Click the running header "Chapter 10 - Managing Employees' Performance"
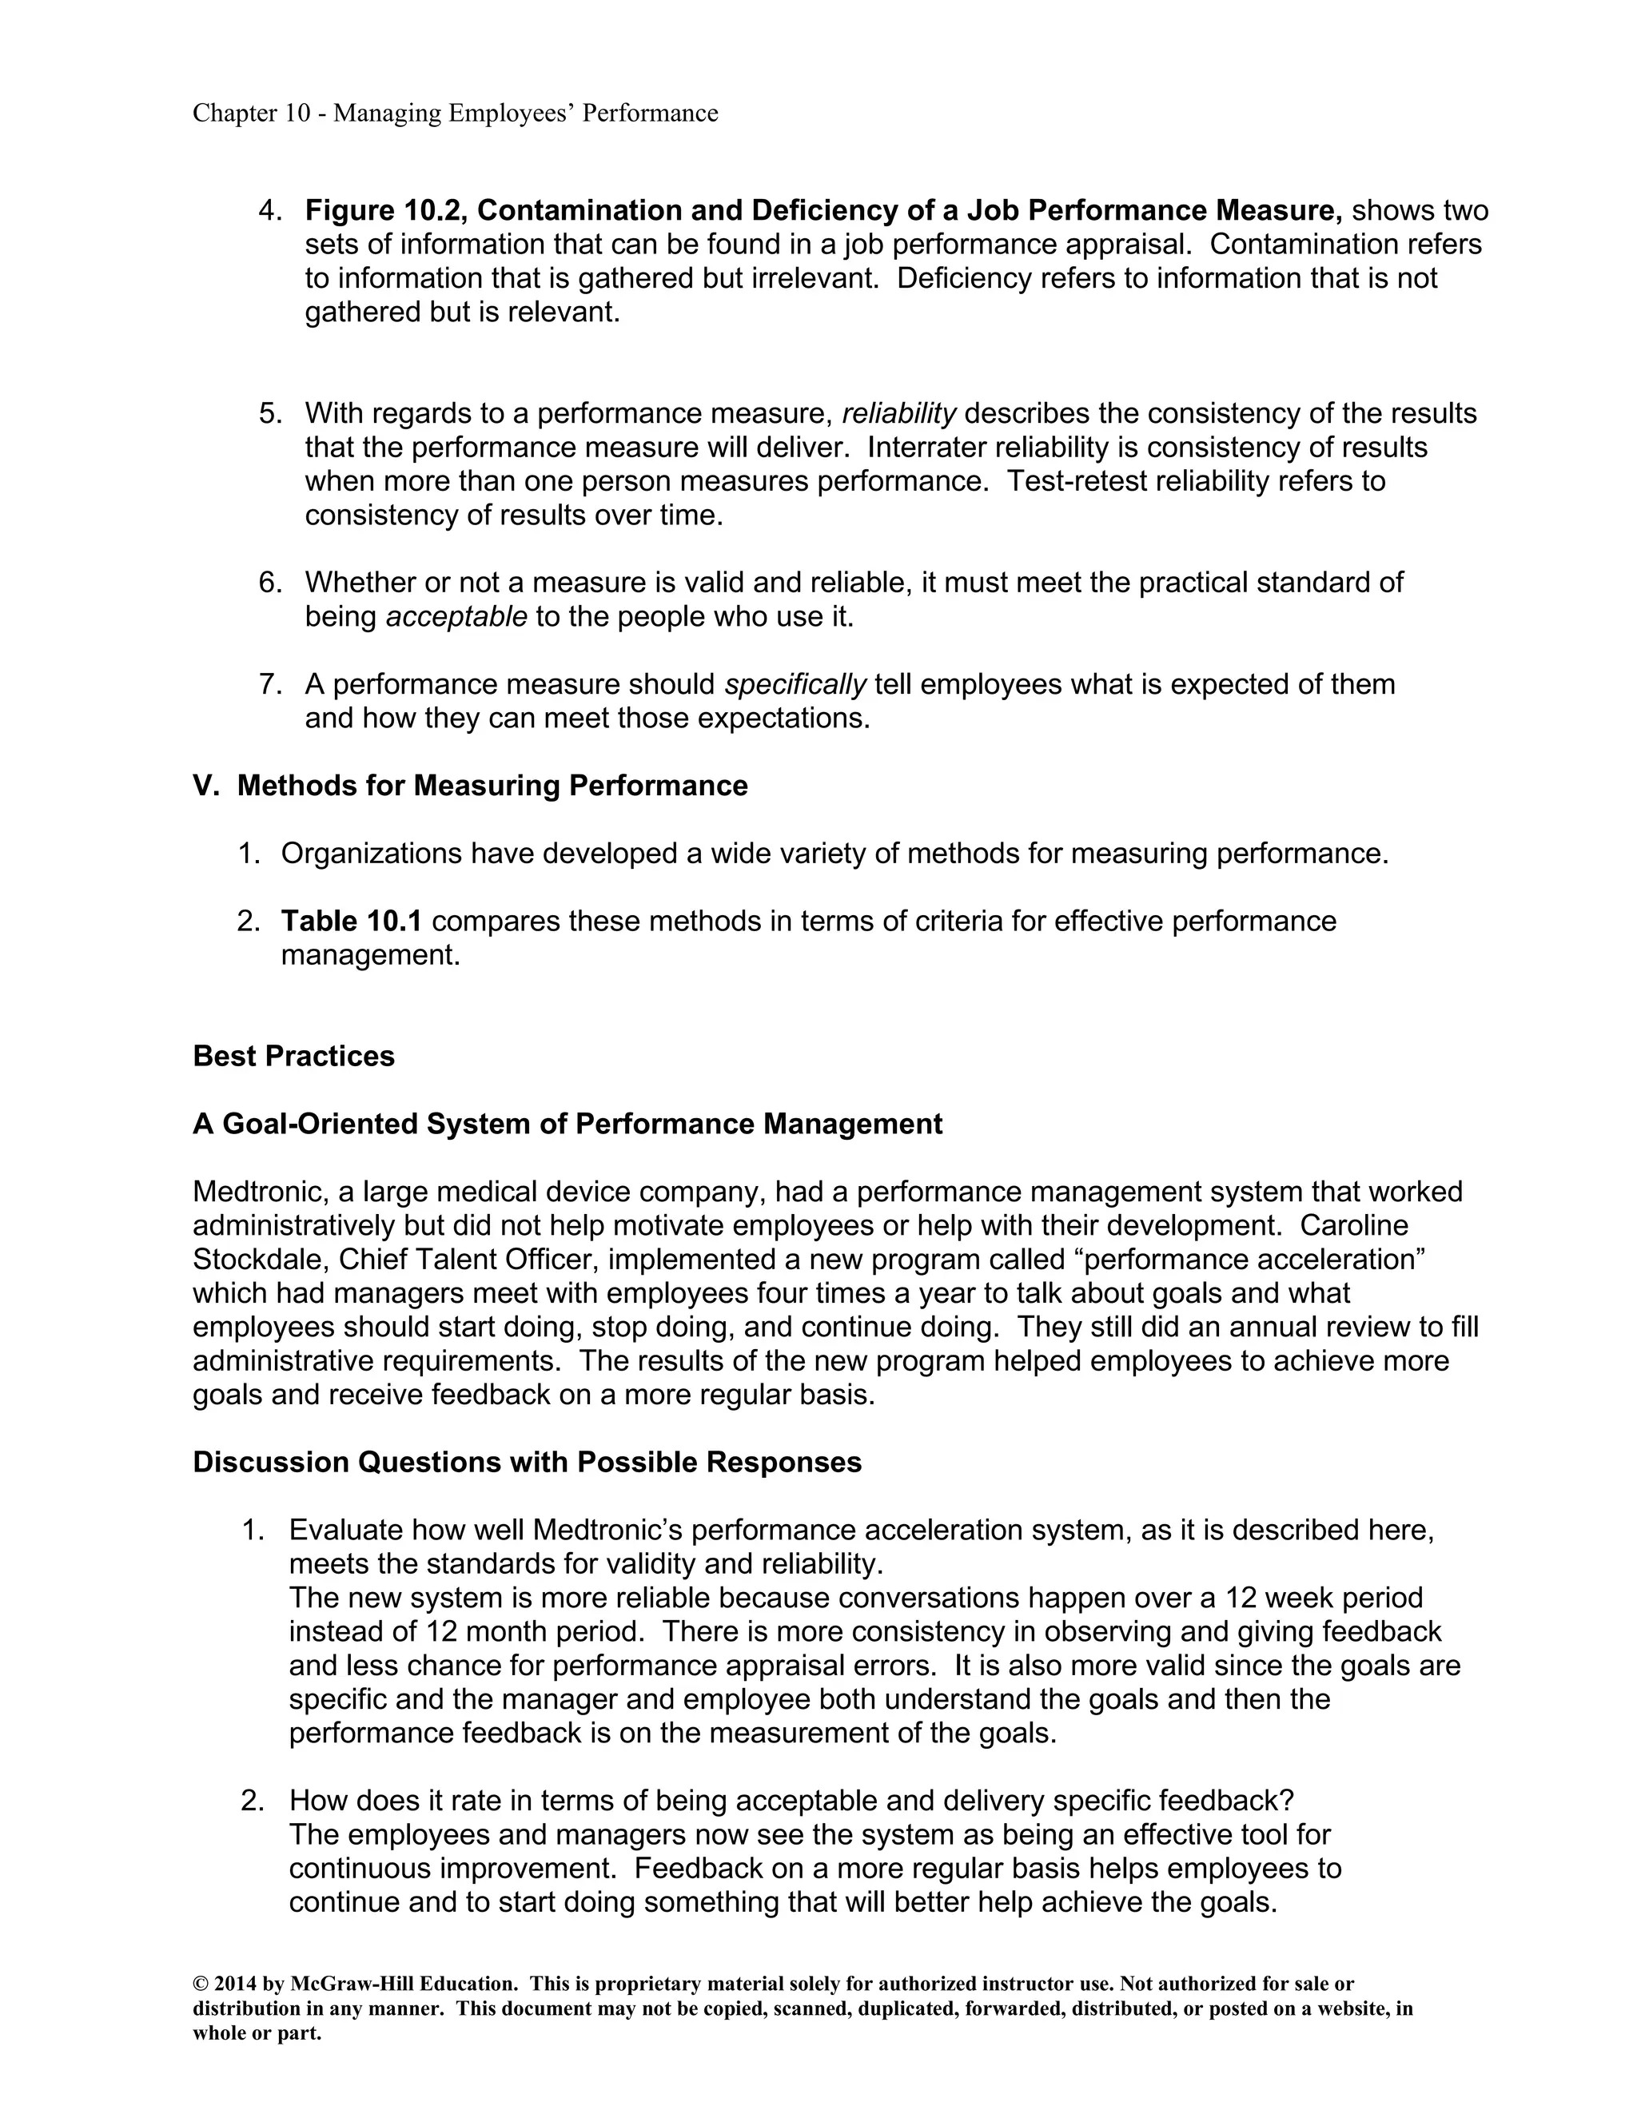455,113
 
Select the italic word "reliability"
899,414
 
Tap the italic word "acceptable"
456,617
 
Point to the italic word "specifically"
795,685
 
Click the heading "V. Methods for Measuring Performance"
470,786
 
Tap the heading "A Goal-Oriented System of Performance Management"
568,1124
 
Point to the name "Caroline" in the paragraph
1354,1226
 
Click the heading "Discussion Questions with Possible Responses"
527,1463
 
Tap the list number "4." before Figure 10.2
271,210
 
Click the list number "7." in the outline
271,685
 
